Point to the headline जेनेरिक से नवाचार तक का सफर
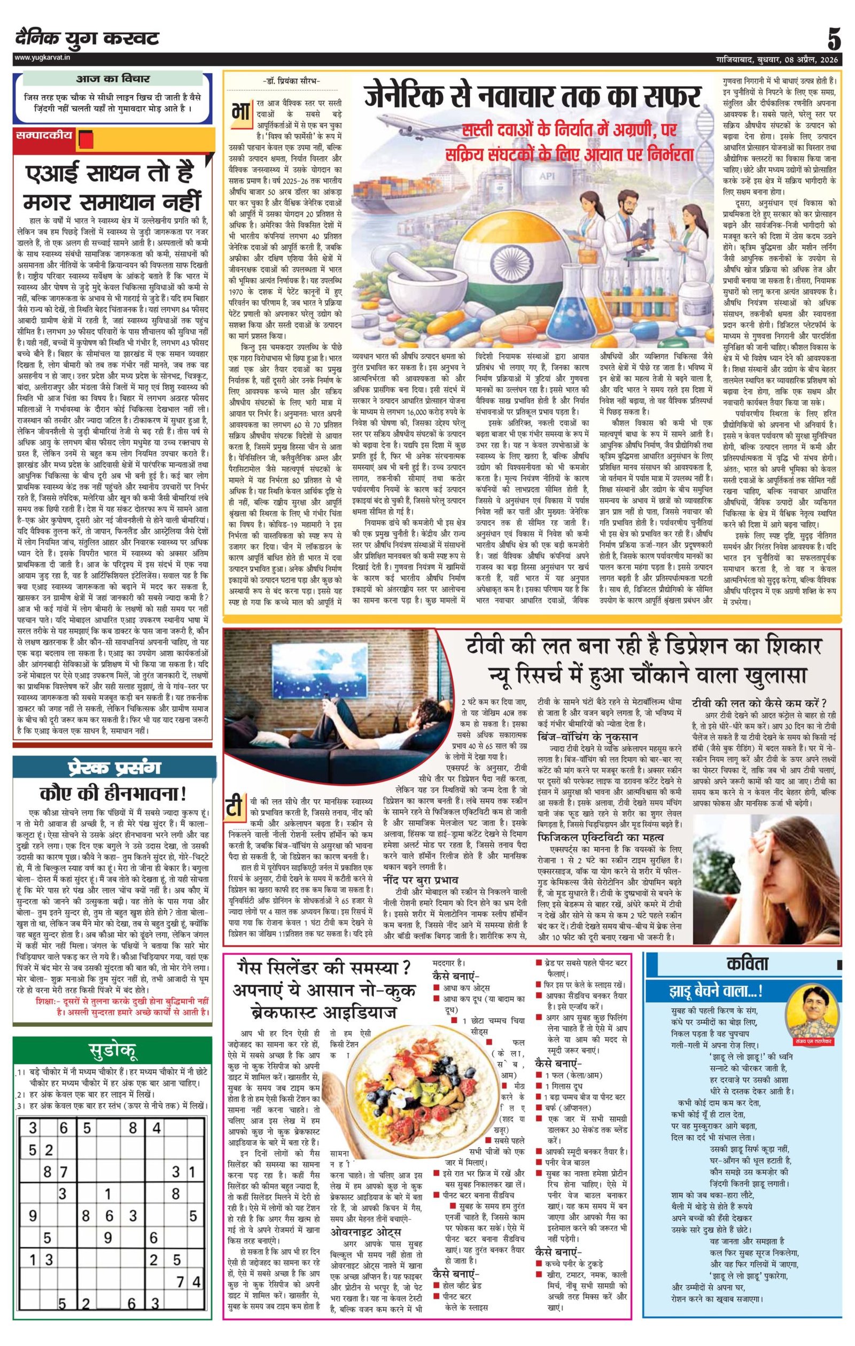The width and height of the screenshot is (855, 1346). click(532, 96)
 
